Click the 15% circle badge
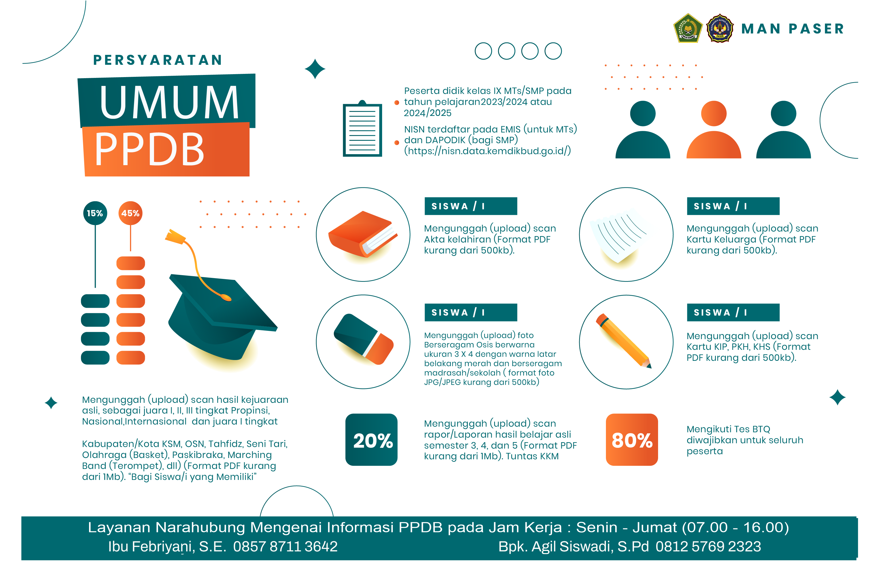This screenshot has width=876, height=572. [x=95, y=213]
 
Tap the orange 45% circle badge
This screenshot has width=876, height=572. [x=130, y=213]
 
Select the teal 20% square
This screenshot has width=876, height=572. [x=371, y=440]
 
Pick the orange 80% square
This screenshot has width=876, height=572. [x=632, y=440]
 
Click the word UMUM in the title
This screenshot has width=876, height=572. [x=169, y=102]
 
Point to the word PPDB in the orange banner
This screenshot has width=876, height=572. [x=149, y=149]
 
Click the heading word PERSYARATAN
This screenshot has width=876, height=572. [x=157, y=60]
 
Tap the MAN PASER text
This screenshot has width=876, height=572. [x=793, y=29]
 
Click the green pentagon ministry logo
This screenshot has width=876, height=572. [x=687, y=28]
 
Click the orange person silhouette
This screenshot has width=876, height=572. [x=714, y=129]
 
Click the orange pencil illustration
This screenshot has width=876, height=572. [x=624, y=341]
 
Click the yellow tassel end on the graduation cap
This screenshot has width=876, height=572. [x=174, y=237]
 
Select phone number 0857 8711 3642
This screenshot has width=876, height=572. [x=285, y=547]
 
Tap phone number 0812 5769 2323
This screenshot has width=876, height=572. [x=708, y=547]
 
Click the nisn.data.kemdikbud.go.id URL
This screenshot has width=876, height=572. [x=488, y=151]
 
